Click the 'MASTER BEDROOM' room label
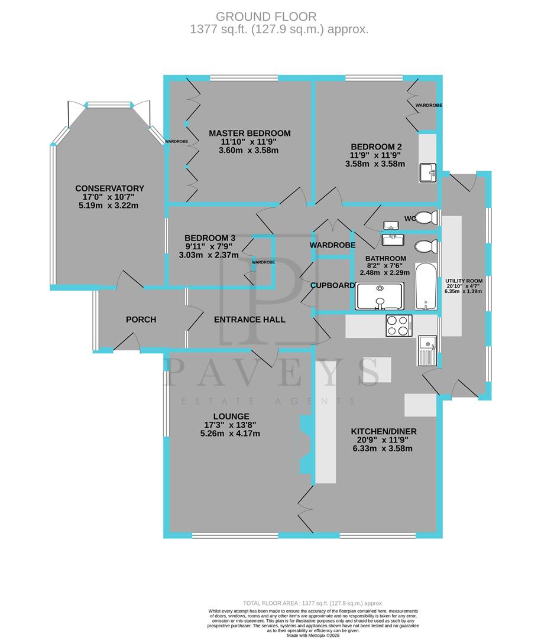tap(250, 133)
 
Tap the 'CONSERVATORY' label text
tap(109, 188)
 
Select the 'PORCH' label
tap(141, 320)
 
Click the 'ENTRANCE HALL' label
tap(250, 320)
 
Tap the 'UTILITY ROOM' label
tap(464, 281)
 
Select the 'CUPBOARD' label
tap(333, 285)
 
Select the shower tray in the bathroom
tap(380, 296)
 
